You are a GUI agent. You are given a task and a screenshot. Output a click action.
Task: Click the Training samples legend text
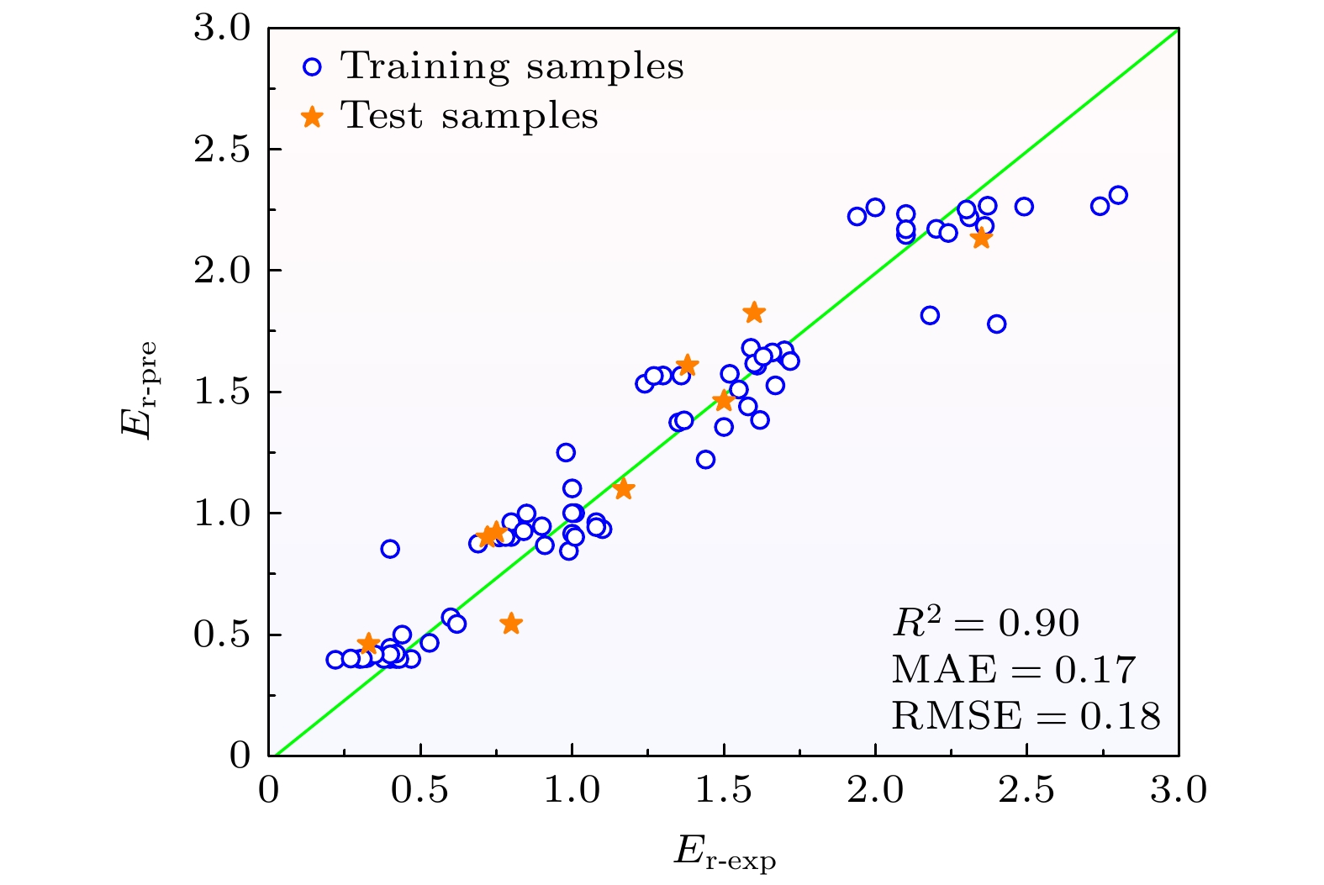pyautogui.click(x=512, y=66)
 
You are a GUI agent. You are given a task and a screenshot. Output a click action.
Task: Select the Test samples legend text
pyautogui.click(x=469, y=116)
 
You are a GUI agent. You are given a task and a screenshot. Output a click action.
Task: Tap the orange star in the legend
pyautogui.click(x=313, y=117)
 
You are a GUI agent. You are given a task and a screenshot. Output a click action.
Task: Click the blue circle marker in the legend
pyautogui.click(x=313, y=67)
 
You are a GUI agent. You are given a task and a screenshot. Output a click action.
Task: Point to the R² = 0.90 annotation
pyautogui.click(x=985, y=623)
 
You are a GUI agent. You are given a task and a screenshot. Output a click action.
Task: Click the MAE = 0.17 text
pyautogui.click(x=1013, y=670)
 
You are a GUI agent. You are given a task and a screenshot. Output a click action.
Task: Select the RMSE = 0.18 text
pyautogui.click(x=1026, y=716)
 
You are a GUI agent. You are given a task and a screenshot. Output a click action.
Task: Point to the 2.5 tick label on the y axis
pyautogui.click(x=222, y=150)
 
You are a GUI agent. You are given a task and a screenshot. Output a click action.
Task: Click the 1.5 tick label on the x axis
pyautogui.click(x=724, y=791)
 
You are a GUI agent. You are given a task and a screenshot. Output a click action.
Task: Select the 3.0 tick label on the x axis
pyautogui.click(x=1178, y=791)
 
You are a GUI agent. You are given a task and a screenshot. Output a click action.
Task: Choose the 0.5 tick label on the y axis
pyautogui.click(x=222, y=635)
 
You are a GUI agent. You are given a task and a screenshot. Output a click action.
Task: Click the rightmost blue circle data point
pyautogui.click(x=1118, y=195)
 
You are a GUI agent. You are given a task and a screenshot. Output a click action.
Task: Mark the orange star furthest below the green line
pyautogui.click(x=511, y=624)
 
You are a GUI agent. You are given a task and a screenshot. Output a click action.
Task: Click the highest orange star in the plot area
pyautogui.click(x=754, y=313)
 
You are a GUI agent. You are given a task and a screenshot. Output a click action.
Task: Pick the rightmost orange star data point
pyautogui.click(x=981, y=239)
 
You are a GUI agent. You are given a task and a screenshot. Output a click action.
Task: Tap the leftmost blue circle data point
pyautogui.click(x=335, y=660)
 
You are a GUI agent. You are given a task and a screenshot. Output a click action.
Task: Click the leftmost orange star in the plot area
pyautogui.click(x=367, y=644)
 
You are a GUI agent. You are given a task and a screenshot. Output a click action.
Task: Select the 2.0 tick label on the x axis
pyautogui.click(x=875, y=791)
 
